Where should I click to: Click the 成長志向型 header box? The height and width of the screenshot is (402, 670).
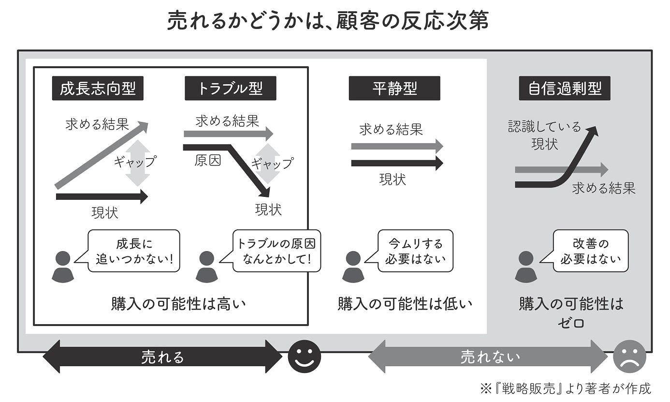(x=98, y=89)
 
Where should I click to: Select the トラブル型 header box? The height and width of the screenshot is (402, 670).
(x=230, y=89)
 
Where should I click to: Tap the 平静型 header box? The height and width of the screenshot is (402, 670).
(x=394, y=89)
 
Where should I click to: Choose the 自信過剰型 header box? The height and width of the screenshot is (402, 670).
(x=565, y=89)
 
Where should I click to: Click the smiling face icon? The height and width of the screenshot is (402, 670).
(x=305, y=357)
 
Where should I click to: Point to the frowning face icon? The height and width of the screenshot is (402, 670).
(x=629, y=357)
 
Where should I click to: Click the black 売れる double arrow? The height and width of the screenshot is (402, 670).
(x=162, y=357)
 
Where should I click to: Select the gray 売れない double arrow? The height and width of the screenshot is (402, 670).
(x=488, y=357)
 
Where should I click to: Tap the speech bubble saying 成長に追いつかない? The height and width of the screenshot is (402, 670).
(x=134, y=251)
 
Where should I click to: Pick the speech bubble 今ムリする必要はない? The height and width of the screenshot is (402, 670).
(x=415, y=251)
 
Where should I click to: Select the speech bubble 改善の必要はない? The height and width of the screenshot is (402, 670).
(x=591, y=251)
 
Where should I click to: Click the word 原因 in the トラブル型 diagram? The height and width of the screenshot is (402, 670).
(x=207, y=161)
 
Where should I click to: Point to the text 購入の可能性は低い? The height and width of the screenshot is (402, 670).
(x=405, y=304)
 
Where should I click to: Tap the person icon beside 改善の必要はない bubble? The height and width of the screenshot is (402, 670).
(x=526, y=267)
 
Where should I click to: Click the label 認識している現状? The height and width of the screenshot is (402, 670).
(x=544, y=135)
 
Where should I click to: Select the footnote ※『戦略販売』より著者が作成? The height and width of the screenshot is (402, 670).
(x=565, y=388)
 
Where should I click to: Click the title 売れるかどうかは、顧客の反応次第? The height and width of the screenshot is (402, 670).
(x=328, y=22)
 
